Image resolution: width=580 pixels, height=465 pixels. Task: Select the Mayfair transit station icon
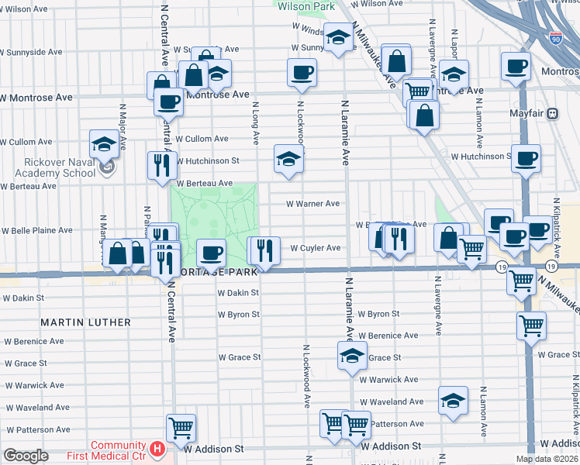point(553,113)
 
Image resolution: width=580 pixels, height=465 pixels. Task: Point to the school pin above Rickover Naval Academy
point(105,144)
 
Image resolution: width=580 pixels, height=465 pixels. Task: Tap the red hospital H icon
point(157,448)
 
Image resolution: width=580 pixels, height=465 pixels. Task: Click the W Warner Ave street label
point(312,204)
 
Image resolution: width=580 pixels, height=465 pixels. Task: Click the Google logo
point(26,456)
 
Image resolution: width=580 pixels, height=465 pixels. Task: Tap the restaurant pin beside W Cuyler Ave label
point(264,250)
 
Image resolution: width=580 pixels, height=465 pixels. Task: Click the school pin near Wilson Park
point(338,37)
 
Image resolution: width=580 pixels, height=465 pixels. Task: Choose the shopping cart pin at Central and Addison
point(181,427)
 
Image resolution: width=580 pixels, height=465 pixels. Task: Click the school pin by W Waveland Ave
point(453,400)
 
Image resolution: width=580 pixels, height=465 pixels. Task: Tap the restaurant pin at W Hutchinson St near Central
point(162,165)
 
